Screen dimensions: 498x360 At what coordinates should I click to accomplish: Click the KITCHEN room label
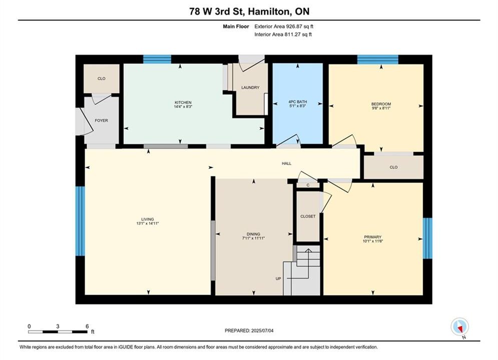(x=183, y=102)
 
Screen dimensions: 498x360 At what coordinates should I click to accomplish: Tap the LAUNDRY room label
(x=250, y=87)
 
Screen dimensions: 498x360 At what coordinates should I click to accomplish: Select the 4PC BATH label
(x=298, y=102)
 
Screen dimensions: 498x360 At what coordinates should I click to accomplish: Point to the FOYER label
(x=101, y=120)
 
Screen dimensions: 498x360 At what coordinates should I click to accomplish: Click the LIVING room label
(x=147, y=219)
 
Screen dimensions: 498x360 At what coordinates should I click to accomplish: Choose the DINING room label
(x=253, y=234)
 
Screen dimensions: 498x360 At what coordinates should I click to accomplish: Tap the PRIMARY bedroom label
(x=372, y=237)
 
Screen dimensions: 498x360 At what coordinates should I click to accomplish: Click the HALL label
(x=286, y=163)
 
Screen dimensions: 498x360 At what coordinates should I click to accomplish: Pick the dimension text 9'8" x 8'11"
(x=381, y=108)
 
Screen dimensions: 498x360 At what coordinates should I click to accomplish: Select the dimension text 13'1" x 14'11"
(x=147, y=223)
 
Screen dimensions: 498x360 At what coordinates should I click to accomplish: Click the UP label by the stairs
(x=278, y=279)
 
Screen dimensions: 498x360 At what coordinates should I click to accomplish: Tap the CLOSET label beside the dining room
(x=308, y=216)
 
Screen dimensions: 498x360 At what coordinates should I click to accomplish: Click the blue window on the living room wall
(x=80, y=221)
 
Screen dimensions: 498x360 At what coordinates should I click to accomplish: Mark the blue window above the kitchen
(x=157, y=59)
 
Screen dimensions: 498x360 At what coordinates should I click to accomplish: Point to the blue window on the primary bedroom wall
(x=427, y=238)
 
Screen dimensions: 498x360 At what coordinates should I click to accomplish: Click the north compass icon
(x=459, y=326)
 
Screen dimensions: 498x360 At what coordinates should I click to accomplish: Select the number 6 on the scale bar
(x=87, y=326)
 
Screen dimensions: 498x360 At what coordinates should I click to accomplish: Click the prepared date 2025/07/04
(x=262, y=330)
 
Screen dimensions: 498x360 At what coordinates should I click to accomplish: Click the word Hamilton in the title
(x=269, y=11)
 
